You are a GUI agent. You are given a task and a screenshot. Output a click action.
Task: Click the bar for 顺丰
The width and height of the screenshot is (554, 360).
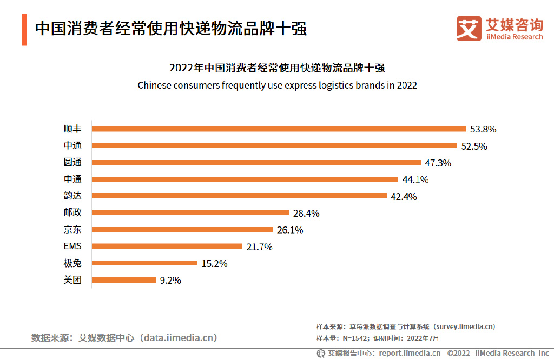tap(279, 129)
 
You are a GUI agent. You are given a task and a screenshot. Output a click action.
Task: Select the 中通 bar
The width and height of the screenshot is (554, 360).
tap(275, 145)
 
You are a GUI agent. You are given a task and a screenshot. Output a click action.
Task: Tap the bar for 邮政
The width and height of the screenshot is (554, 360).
tap(190, 212)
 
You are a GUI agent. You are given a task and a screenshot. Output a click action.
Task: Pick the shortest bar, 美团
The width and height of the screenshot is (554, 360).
tap(123, 280)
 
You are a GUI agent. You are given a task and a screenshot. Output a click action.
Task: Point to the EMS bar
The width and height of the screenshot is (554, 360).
tap(167, 246)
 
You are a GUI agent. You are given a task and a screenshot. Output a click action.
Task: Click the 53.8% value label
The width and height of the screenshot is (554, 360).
tap(483, 129)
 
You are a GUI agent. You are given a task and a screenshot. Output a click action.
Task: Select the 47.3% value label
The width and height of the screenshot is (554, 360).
tap(438, 163)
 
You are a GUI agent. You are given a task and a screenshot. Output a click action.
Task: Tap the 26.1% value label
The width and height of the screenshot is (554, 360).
tap(290, 230)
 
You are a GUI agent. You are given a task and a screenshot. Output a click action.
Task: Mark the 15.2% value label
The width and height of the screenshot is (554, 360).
tap(214, 264)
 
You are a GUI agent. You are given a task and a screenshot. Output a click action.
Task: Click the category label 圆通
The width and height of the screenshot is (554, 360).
tap(72, 162)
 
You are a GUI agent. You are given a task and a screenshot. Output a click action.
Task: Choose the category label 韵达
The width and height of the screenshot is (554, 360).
tap(72, 196)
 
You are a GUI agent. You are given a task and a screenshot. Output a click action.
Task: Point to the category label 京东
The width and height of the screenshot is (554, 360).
tap(72, 229)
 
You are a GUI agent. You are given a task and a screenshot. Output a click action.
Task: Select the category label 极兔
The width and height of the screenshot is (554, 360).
tap(72, 263)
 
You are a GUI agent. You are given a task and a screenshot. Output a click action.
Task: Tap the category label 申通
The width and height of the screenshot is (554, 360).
tap(72, 179)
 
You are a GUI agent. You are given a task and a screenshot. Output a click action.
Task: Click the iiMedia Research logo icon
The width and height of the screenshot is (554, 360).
tap(468, 28)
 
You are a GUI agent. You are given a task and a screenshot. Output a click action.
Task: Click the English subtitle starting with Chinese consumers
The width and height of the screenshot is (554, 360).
tap(277, 85)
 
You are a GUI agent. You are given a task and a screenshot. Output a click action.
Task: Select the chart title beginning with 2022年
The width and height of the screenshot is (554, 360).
tap(277, 68)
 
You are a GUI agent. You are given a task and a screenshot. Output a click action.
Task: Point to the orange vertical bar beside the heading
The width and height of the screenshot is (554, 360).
tap(24, 30)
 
